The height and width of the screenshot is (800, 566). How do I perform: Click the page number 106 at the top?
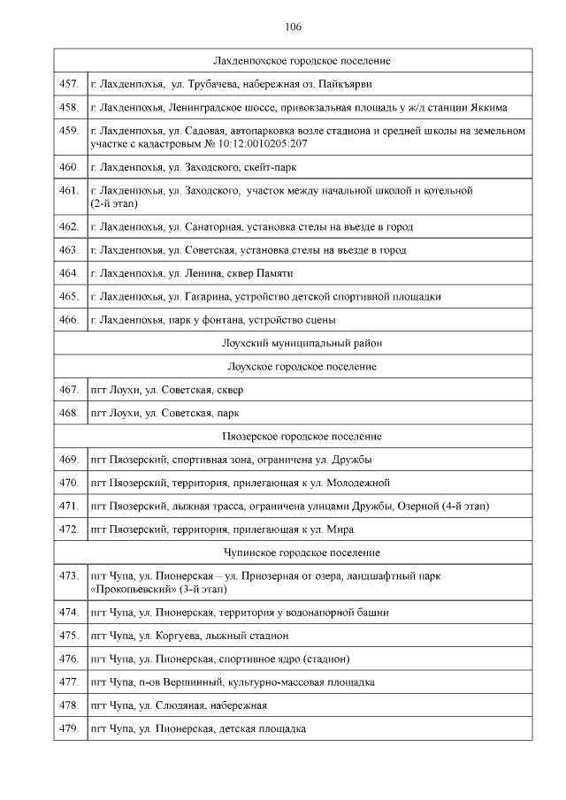293,27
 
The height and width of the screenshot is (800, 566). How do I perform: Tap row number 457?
68,84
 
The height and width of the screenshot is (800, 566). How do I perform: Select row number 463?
68,250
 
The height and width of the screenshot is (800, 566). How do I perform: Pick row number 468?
68,413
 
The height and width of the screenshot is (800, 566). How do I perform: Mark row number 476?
68,659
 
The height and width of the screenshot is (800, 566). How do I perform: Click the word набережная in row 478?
241,705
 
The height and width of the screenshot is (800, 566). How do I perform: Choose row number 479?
68,728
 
